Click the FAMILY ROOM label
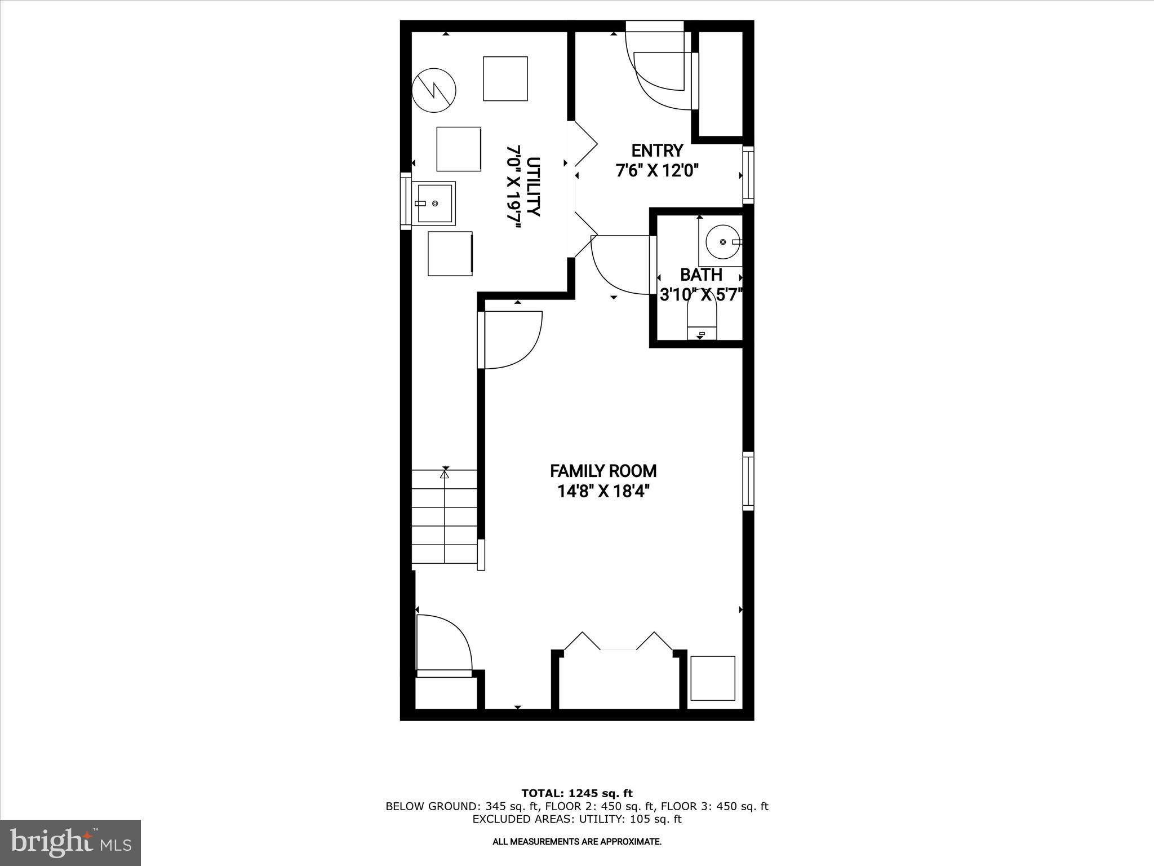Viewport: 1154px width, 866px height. click(603, 471)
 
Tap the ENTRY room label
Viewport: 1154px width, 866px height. click(657, 151)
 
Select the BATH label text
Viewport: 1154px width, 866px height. click(701, 275)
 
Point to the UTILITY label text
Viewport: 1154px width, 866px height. click(533, 187)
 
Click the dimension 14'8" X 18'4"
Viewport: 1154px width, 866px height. click(603, 492)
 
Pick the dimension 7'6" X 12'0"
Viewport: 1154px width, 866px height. click(657, 171)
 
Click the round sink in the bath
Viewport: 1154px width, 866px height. click(723, 241)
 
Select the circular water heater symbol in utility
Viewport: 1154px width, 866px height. click(434, 90)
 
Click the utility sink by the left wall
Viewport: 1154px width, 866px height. click(434, 203)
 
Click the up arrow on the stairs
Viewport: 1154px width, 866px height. click(445, 475)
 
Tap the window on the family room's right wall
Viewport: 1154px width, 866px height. click(748, 481)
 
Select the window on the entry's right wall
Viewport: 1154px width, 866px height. click(748, 175)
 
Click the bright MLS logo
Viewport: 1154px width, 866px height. click(70, 842)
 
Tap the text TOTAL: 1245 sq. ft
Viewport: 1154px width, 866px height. click(577, 793)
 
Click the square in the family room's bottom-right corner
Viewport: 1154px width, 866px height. click(713, 678)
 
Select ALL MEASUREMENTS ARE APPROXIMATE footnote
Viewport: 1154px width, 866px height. click(577, 842)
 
